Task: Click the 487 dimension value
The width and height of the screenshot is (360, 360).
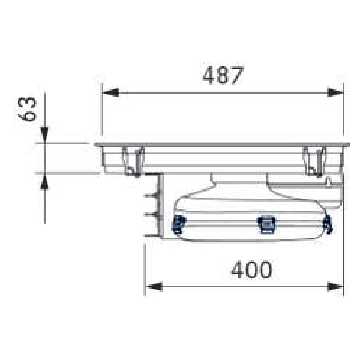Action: (x=223, y=76)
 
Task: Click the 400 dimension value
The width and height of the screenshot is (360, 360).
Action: (x=252, y=269)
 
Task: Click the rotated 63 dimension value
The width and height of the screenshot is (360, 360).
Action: (x=28, y=109)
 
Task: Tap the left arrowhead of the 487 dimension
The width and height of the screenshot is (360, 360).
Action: (x=110, y=93)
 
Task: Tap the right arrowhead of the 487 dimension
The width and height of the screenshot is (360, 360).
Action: (x=335, y=93)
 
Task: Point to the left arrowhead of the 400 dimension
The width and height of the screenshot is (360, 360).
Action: (x=154, y=287)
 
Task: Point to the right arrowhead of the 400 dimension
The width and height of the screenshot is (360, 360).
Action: (x=335, y=287)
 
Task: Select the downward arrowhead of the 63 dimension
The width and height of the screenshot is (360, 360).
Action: (x=44, y=134)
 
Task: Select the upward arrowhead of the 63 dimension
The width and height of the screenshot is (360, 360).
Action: (x=44, y=182)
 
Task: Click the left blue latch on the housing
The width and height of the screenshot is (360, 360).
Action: (x=179, y=224)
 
